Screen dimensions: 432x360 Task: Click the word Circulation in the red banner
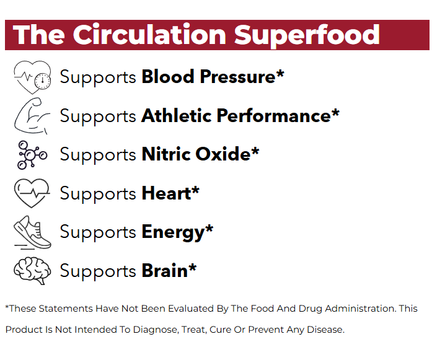coord(149,35)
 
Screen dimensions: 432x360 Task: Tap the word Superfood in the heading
coord(307,36)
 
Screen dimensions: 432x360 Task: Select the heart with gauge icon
coord(32,77)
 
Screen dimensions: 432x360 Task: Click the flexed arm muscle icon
coord(32,116)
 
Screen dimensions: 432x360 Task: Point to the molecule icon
coord(32,155)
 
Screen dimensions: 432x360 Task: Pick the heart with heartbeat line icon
coord(32,193)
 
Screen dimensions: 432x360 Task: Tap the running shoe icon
coord(32,232)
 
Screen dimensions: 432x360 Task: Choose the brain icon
coord(32,271)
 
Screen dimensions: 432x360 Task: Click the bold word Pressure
coord(237,77)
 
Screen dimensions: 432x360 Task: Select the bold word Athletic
coord(176,115)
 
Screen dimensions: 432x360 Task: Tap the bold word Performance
coord(273,115)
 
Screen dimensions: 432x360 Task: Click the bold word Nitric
coord(166,154)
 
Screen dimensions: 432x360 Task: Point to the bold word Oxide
coord(223,154)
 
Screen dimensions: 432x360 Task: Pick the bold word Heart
coord(166,193)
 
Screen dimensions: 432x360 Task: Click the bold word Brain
coord(164,271)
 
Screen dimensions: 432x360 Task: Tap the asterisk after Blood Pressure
coord(280,73)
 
